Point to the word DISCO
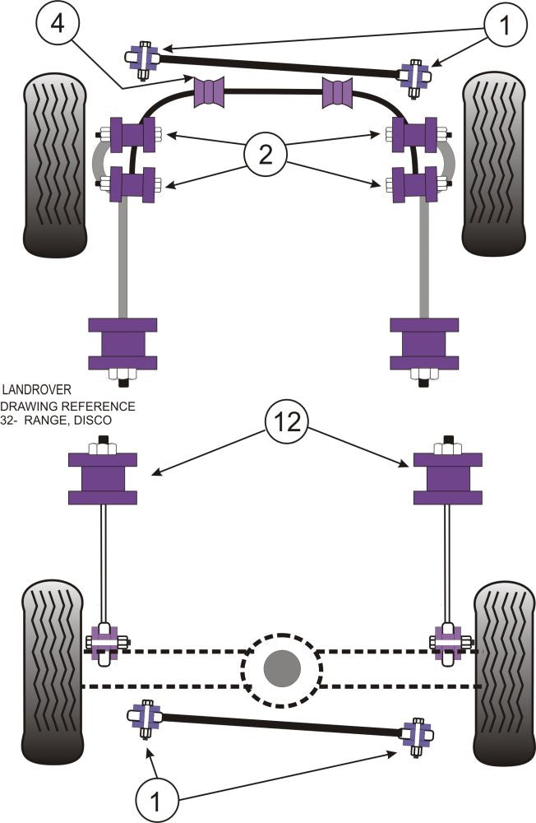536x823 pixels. [x=91, y=420]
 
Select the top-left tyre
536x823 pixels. [x=53, y=165]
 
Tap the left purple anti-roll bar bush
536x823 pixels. [x=208, y=91]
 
